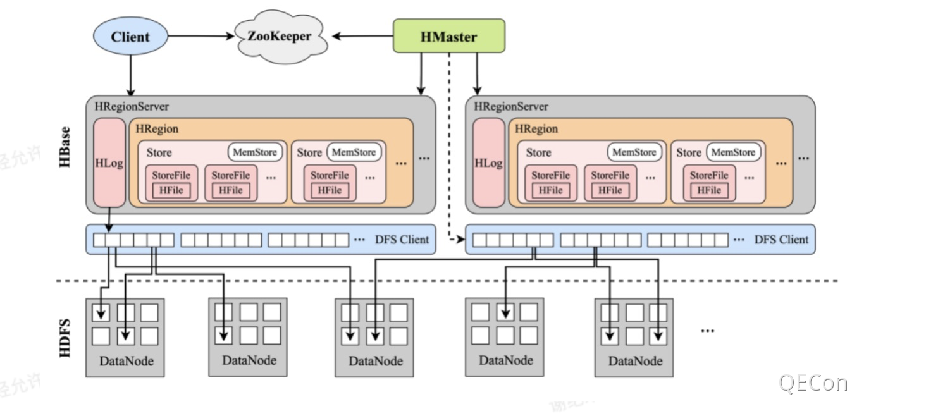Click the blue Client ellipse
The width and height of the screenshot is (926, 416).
(x=130, y=37)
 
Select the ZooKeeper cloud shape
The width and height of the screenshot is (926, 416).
(x=280, y=37)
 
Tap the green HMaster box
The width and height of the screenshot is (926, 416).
(x=448, y=36)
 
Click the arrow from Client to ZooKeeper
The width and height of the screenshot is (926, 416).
(x=201, y=37)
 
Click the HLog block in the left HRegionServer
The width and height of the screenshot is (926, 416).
(x=109, y=162)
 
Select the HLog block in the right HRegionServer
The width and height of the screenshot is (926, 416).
(x=488, y=162)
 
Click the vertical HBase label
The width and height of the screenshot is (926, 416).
(x=65, y=149)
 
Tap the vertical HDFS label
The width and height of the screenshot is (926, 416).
(x=65, y=338)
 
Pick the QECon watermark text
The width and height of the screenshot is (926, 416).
(x=813, y=383)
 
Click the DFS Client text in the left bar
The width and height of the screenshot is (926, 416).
(x=402, y=240)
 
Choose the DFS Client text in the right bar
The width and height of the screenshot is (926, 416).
(x=781, y=240)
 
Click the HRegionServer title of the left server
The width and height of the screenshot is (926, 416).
(x=132, y=107)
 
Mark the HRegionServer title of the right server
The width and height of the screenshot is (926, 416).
(x=511, y=107)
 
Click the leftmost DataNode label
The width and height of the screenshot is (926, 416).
(x=127, y=362)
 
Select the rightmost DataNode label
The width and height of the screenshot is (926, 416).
(x=636, y=361)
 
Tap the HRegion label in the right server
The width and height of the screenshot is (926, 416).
(x=536, y=129)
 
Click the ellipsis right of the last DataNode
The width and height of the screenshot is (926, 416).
(x=707, y=329)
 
